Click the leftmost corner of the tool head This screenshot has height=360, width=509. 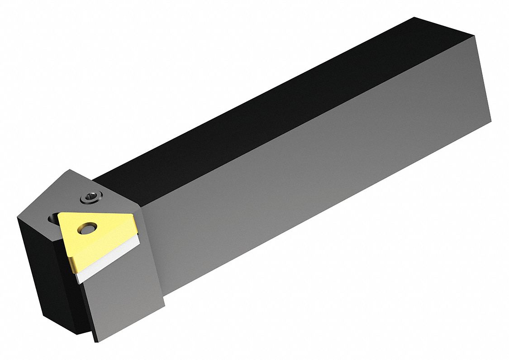coord(18,218)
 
